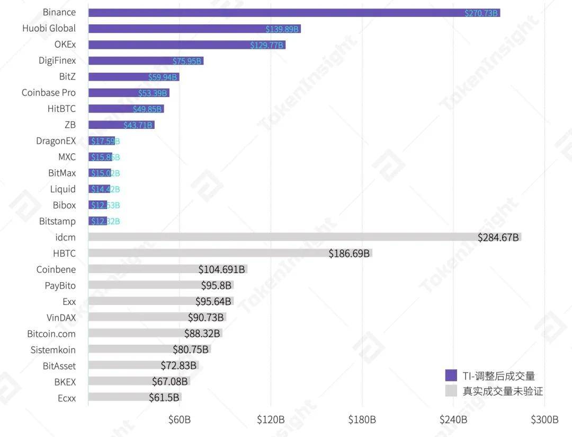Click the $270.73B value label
481,13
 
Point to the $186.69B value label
349,254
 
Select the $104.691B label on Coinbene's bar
222,269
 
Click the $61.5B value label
165,397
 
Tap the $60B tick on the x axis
180,419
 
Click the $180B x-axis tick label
362,419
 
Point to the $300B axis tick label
544,419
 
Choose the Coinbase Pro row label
49,93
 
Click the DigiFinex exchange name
57,60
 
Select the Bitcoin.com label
51,334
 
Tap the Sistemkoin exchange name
53,349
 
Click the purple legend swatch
451,375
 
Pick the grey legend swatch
451,391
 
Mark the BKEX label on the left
65,381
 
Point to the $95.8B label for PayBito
216,285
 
